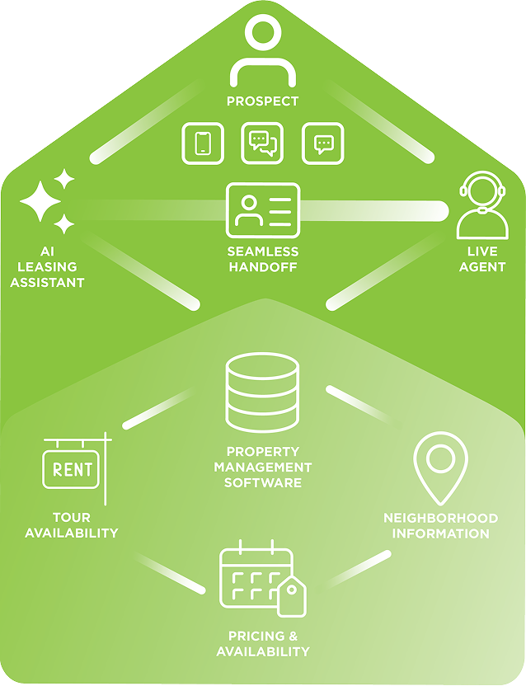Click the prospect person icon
tap(262, 53)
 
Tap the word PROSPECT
tap(262, 101)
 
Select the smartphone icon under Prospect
tap(202, 143)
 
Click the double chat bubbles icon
tap(262, 143)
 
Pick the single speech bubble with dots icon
tap(323, 143)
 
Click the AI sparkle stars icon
tap(48, 202)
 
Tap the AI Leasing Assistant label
tap(47, 267)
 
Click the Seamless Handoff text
tap(262, 259)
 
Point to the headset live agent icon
tap(481, 206)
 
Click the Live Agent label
tap(481, 259)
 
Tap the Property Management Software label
tap(263, 467)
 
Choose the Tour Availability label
tap(72, 525)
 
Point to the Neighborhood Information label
tap(440, 525)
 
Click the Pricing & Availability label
tap(263, 644)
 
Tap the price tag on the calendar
tap(292, 596)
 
